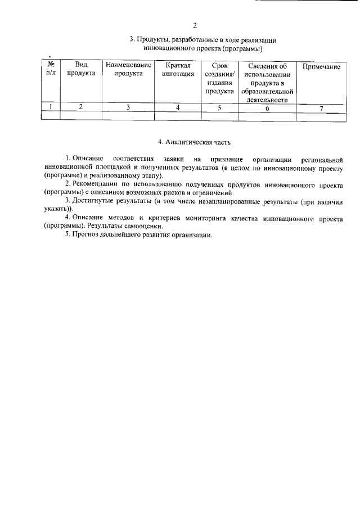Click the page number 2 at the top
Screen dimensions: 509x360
[x=194, y=25]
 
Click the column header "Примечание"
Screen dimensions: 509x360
[x=321, y=67]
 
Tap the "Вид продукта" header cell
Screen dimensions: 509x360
[x=81, y=70]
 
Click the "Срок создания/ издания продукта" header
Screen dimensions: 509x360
[x=219, y=78]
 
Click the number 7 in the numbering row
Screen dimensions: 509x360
[x=321, y=109]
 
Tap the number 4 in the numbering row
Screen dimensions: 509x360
[x=178, y=107]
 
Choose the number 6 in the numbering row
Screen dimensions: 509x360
[x=267, y=109]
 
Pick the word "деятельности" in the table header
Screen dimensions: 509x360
[x=267, y=100]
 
